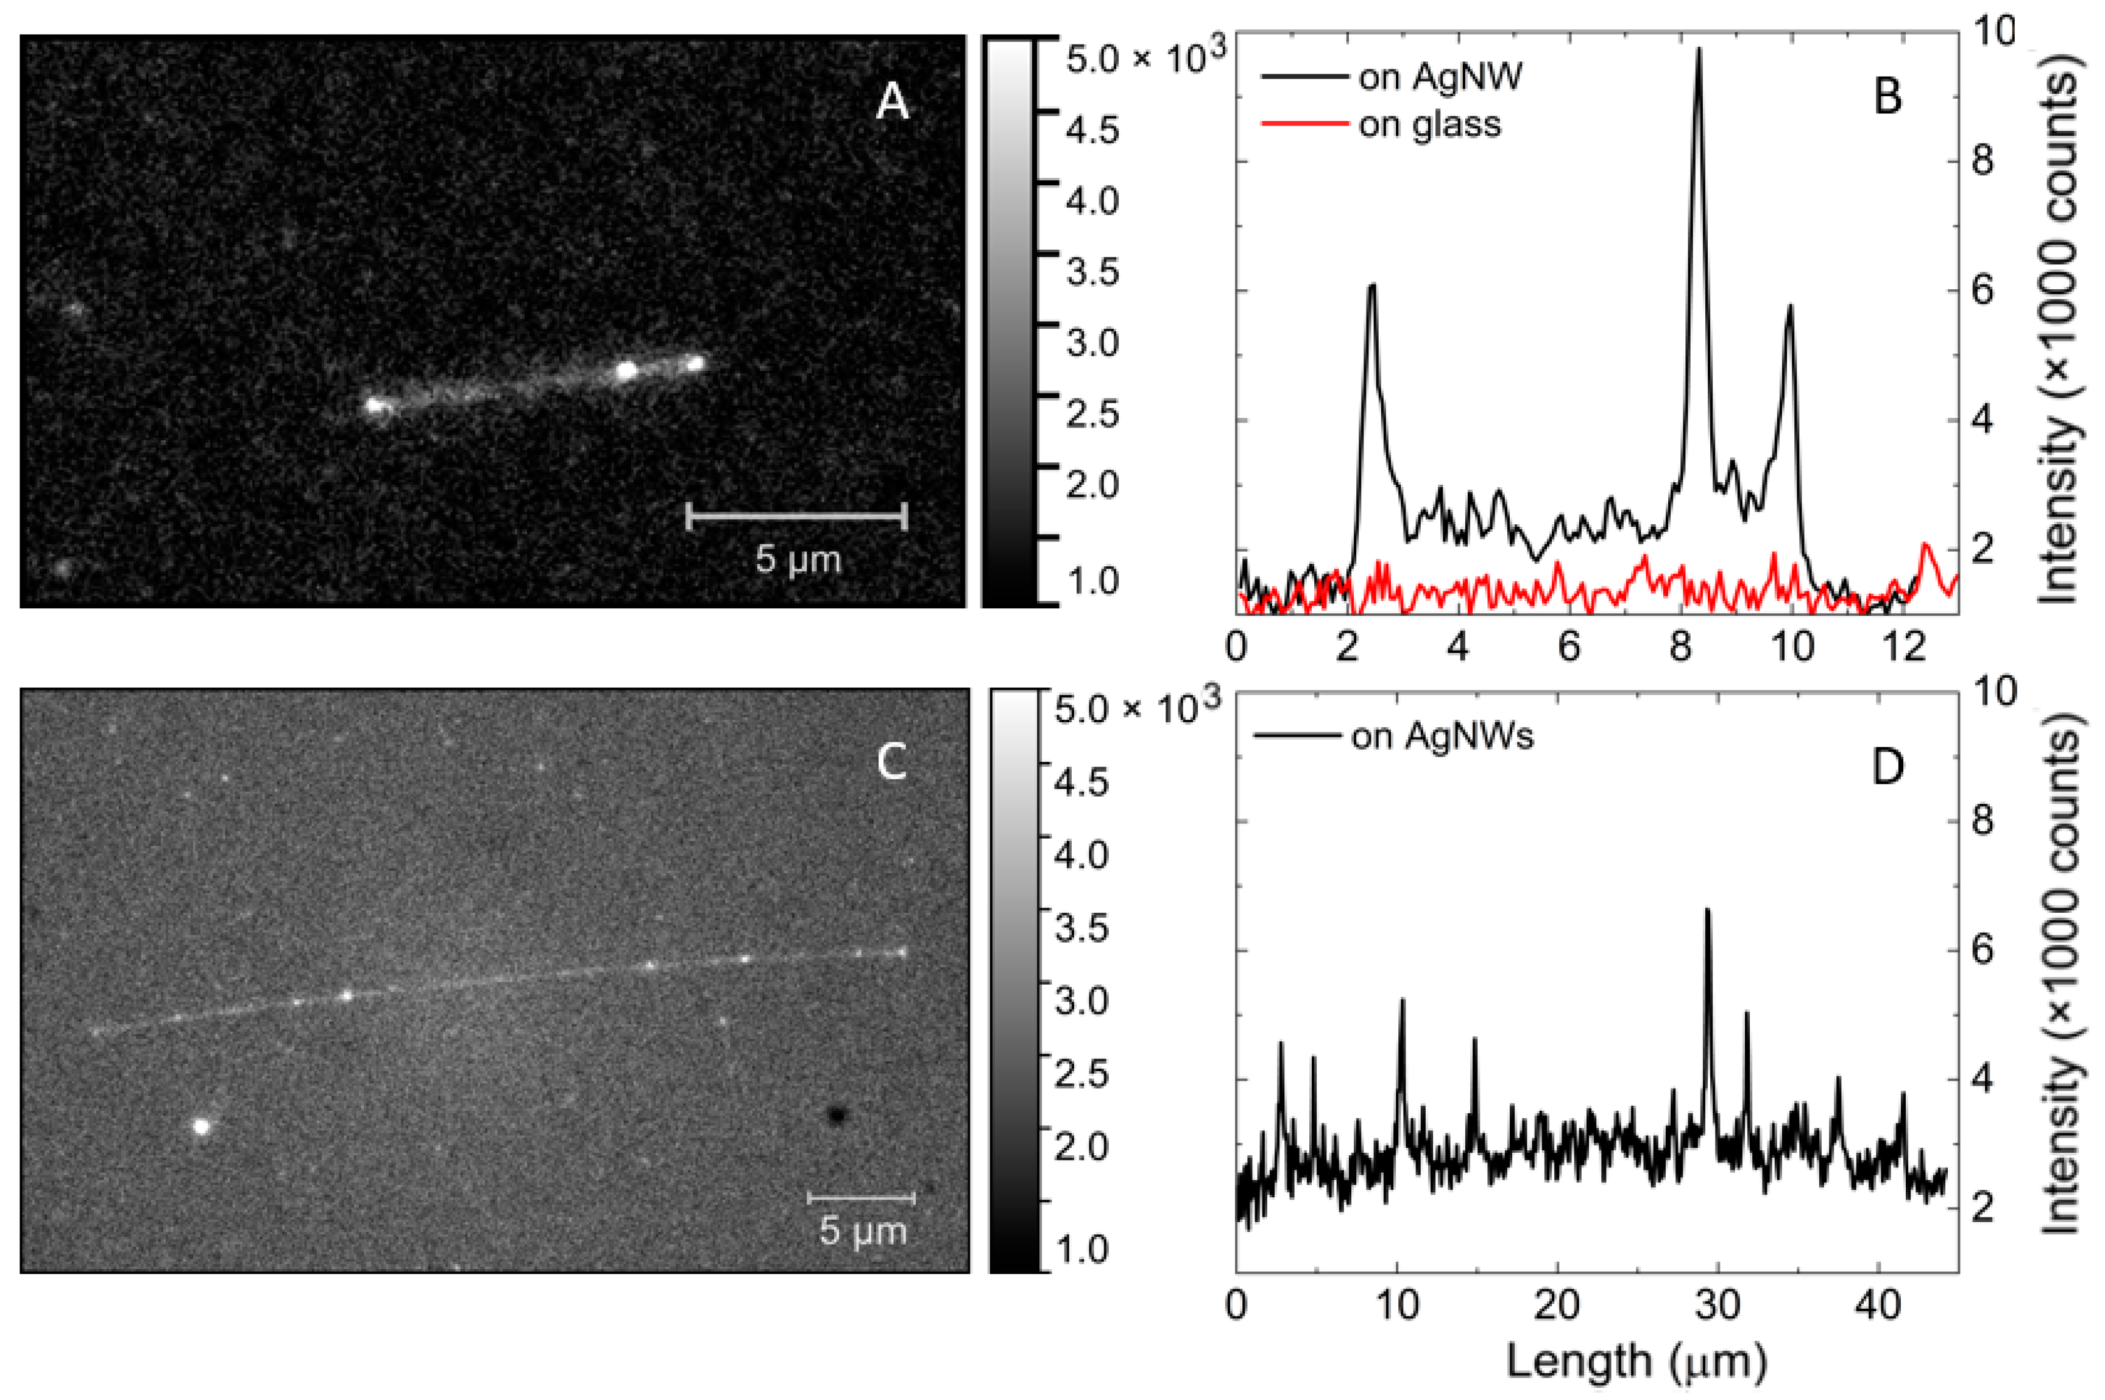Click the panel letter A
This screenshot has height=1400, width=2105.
pyautogui.click(x=891, y=104)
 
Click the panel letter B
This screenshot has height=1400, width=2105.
pyautogui.click(x=1887, y=96)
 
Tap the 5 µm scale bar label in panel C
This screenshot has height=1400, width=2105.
pyautogui.click(x=862, y=1231)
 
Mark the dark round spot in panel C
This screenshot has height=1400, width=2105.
pyautogui.click(x=836, y=1114)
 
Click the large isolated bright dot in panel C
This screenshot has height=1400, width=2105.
pyautogui.click(x=202, y=1126)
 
